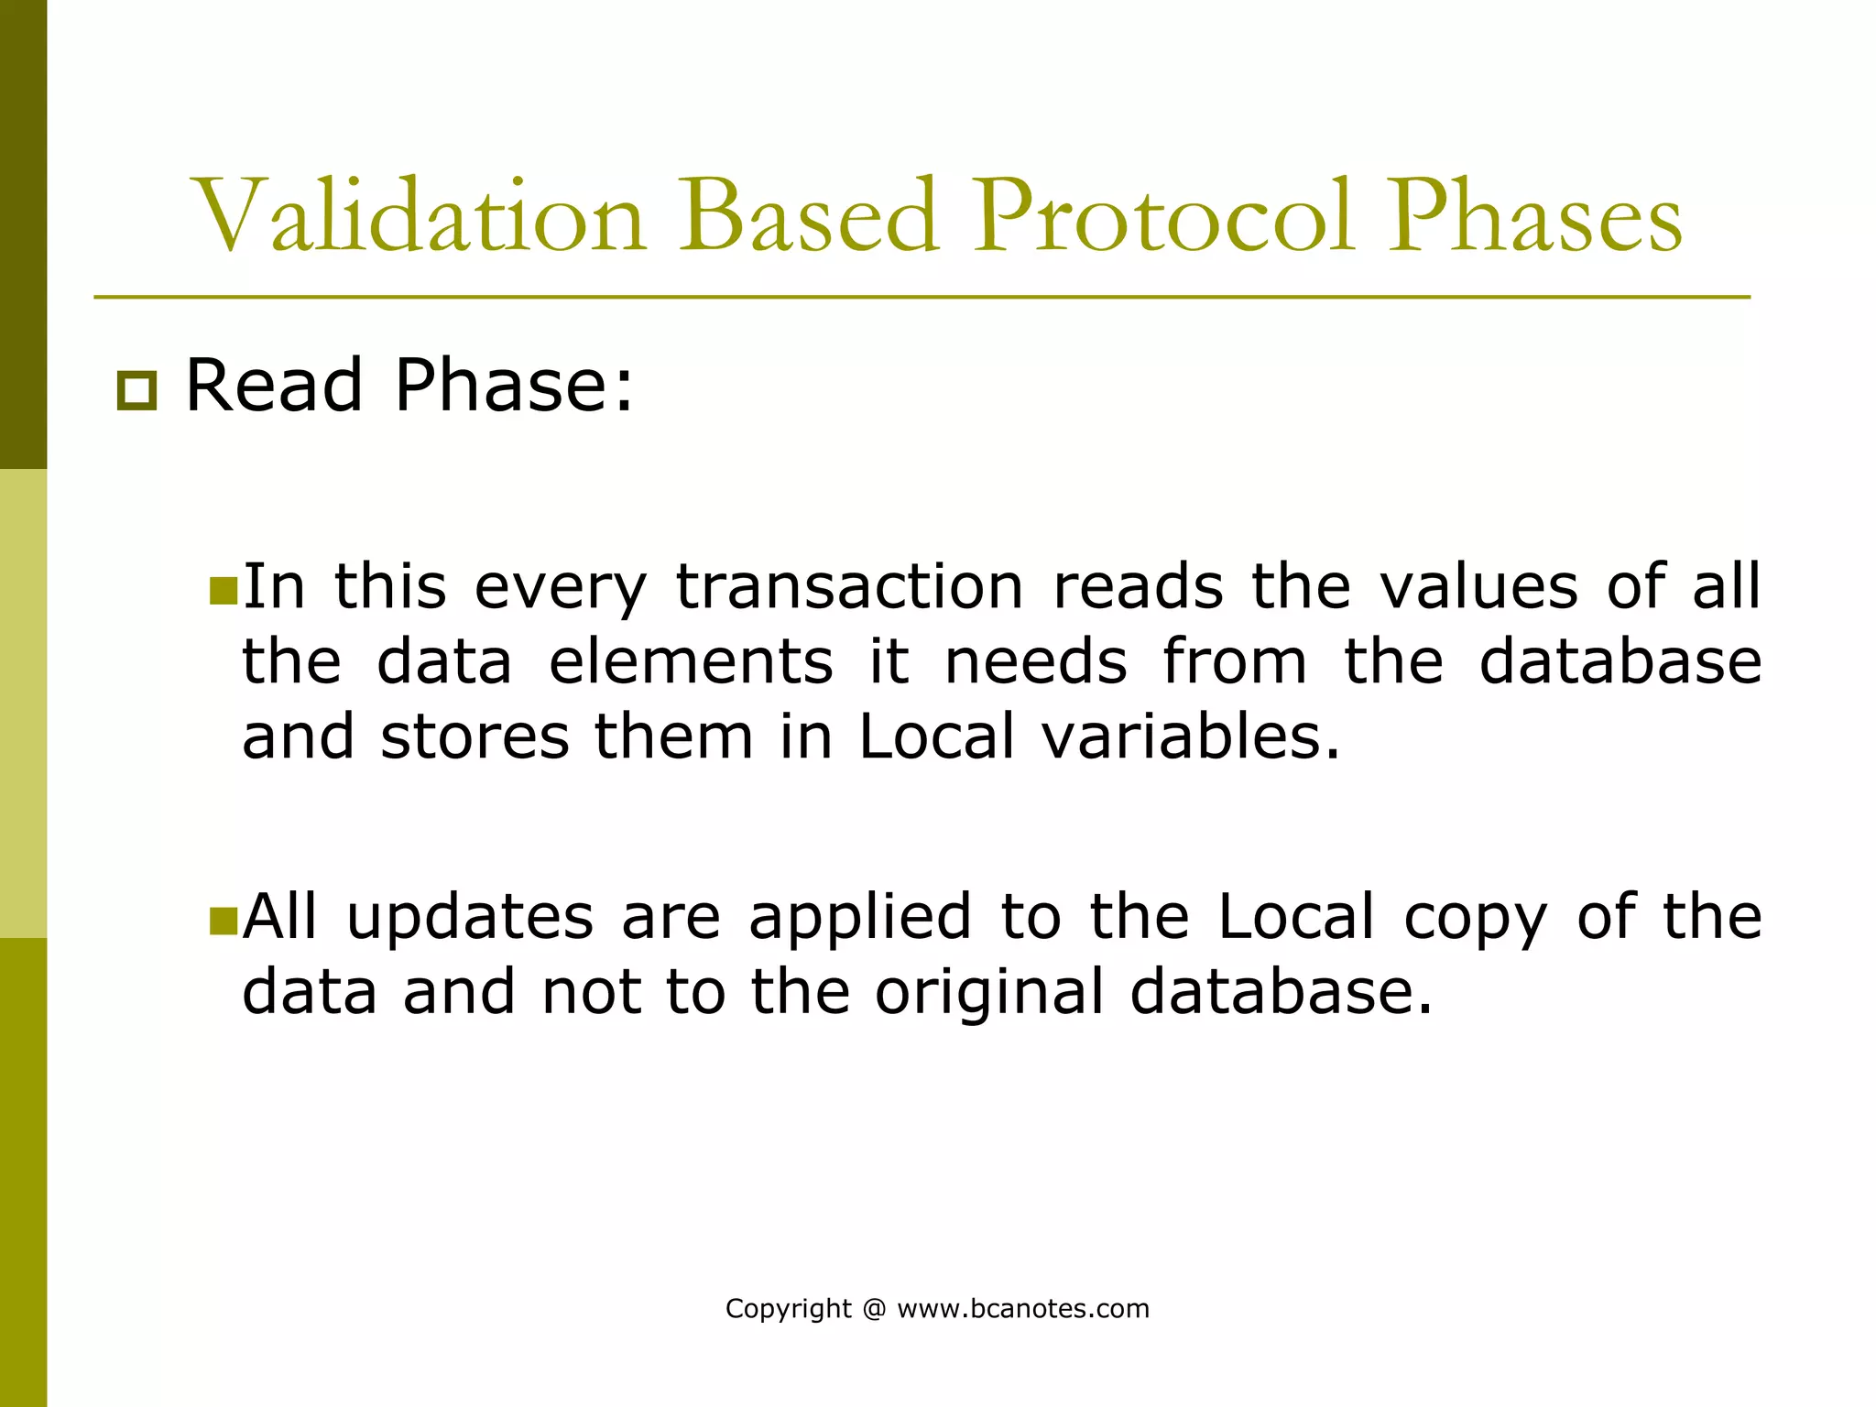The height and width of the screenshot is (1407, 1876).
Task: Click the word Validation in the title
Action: [x=421, y=218]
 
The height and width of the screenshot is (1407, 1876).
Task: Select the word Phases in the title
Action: [x=1534, y=218]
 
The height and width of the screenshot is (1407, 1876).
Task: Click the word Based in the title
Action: [x=808, y=218]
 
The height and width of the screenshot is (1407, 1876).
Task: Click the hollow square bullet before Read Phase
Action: [x=136, y=391]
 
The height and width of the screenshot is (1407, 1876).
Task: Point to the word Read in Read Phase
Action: [x=274, y=386]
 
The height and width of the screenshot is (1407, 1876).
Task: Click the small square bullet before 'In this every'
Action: [x=223, y=591]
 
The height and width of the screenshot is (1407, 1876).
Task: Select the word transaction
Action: [x=849, y=586]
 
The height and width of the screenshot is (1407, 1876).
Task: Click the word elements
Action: [x=691, y=661]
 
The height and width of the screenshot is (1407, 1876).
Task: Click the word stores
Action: [x=474, y=736]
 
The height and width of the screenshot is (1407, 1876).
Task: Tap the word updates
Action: [x=470, y=918]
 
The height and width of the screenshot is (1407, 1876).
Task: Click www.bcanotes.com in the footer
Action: [x=1022, y=1309]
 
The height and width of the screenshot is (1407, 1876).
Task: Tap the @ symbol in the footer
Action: [x=874, y=1309]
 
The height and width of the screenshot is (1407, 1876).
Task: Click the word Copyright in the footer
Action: [x=788, y=1309]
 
